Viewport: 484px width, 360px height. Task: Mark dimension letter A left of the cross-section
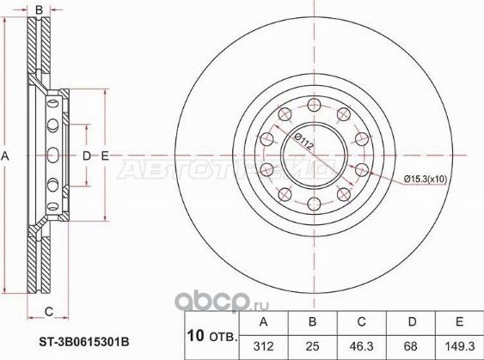point(7,156)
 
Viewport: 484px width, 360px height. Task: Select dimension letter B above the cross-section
point(51,9)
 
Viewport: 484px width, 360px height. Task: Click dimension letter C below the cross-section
point(49,310)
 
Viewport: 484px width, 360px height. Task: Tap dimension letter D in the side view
point(86,156)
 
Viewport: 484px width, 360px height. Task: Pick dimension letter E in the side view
point(104,156)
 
